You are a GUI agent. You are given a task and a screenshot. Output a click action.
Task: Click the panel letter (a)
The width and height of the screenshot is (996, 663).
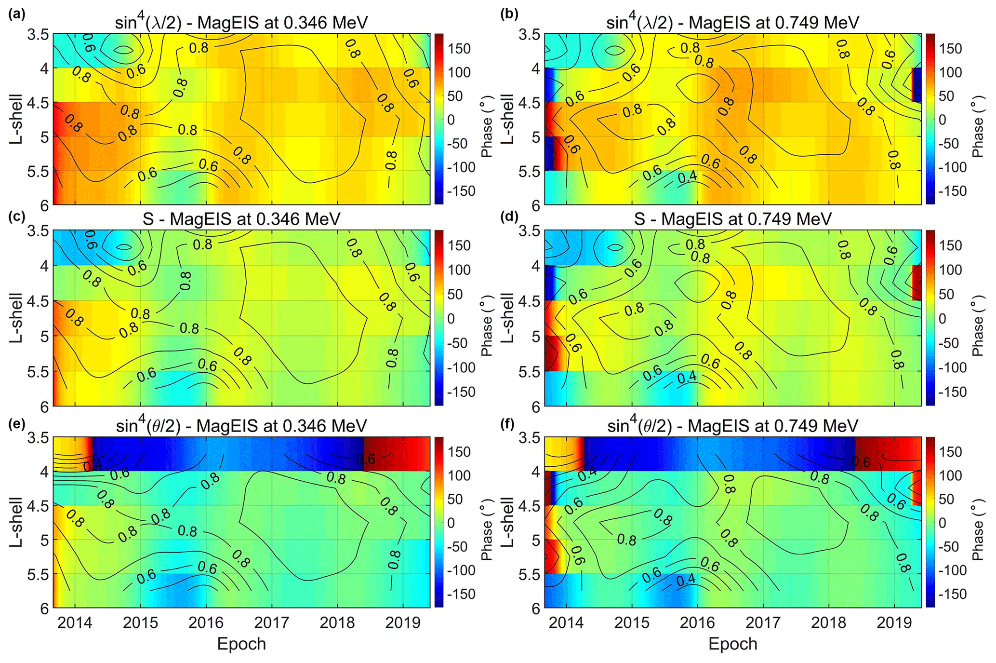(16, 14)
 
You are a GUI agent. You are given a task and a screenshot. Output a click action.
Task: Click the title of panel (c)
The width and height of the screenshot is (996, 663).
(241, 218)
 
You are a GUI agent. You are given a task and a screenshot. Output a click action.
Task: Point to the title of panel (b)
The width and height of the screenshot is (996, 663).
(733, 22)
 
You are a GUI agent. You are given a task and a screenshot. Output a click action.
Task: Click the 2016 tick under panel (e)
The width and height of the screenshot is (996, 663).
(206, 622)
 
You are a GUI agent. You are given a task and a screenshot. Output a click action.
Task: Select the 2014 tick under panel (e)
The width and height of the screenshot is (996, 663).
(75, 622)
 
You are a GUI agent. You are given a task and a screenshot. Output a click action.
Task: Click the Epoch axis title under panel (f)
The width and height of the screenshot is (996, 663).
(733, 644)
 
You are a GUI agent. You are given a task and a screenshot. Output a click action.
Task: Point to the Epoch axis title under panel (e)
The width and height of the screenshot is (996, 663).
(241, 644)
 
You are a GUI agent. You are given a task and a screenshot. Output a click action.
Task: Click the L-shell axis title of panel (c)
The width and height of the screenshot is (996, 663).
(16, 318)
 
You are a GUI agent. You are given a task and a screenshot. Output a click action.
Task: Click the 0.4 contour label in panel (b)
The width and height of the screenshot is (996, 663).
(687, 177)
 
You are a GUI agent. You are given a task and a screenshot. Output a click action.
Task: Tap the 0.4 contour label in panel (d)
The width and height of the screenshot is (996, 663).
(687, 377)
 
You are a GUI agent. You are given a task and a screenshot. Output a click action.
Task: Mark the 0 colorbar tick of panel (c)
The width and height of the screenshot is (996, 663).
(451, 318)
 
